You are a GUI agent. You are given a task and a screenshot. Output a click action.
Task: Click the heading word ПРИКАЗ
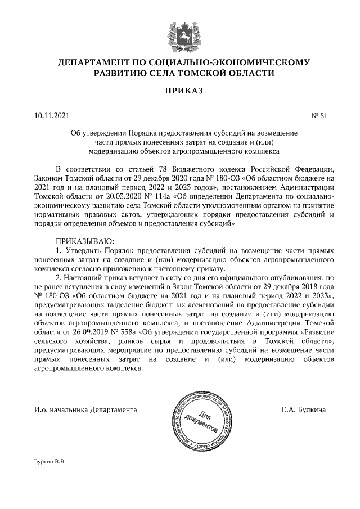pos(180,91)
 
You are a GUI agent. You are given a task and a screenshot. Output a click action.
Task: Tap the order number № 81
pos(319,116)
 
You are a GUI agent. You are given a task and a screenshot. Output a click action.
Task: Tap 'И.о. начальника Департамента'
pos(85,409)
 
